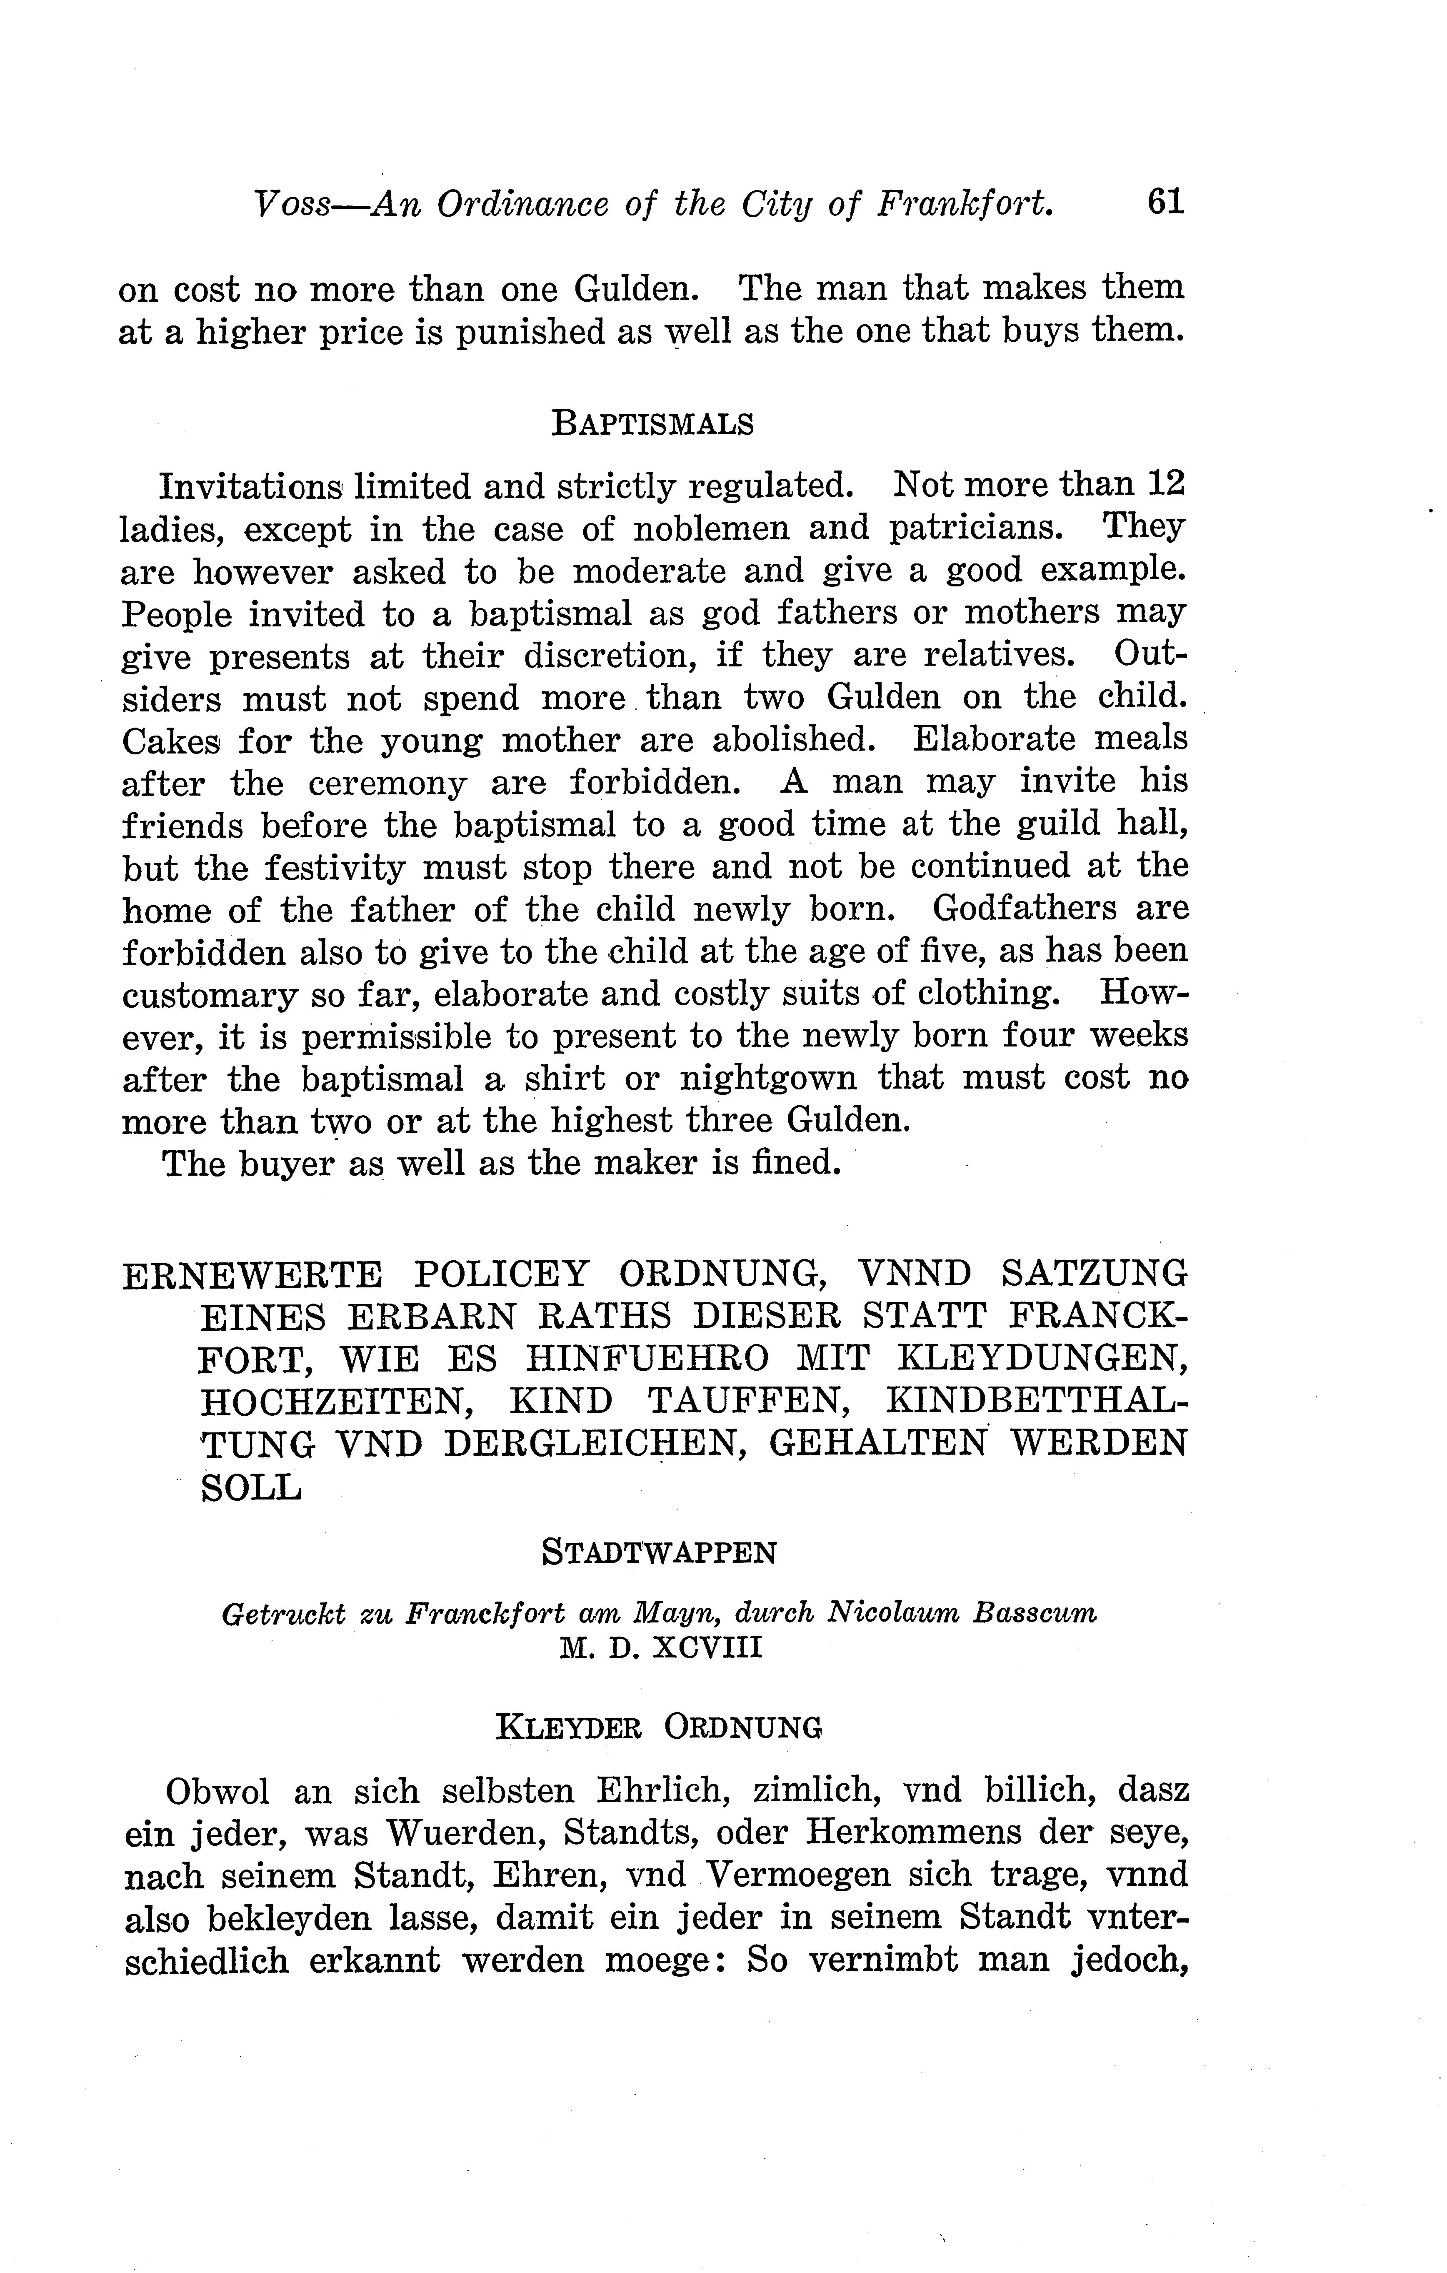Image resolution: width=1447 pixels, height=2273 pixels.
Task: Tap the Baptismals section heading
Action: [x=652, y=424]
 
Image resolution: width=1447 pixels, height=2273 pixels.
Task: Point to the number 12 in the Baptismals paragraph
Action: [x=1165, y=484]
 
